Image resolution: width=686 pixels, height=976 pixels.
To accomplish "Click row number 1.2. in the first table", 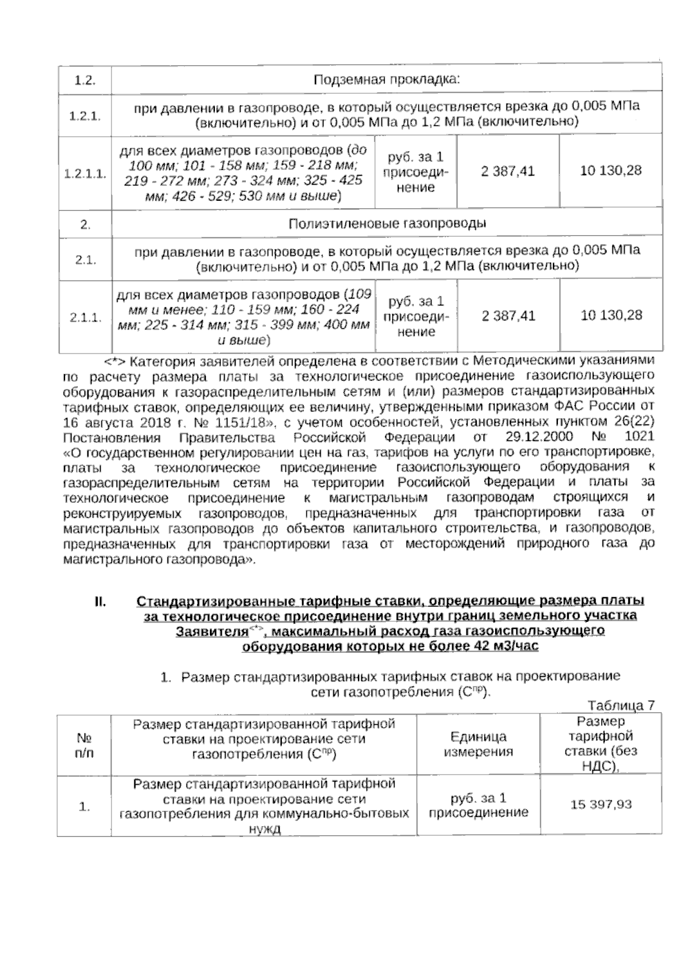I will tap(85, 80).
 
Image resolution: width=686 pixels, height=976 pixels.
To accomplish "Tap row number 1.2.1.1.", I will tap(85, 173).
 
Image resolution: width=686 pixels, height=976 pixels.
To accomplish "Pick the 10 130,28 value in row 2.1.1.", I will tap(611, 315).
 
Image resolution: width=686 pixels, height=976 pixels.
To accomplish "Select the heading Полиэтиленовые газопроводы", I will tap(387, 224).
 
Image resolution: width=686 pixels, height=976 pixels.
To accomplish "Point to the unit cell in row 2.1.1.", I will tap(416, 316).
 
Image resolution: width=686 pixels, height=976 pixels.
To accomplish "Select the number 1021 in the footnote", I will tap(640, 438).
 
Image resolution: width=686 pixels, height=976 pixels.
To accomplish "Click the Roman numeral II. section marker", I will tap(101, 601).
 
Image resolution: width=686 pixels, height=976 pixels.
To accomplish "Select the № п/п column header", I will tap(84, 745).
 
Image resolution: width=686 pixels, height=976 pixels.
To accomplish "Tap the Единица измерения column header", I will tap(478, 744).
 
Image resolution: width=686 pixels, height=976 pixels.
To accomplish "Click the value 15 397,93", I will tap(601, 804).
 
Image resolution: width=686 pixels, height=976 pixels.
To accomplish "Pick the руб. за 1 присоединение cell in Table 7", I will tap(478, 805).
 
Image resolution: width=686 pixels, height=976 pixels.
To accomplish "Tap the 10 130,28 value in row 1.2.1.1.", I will tap(611, 170).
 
